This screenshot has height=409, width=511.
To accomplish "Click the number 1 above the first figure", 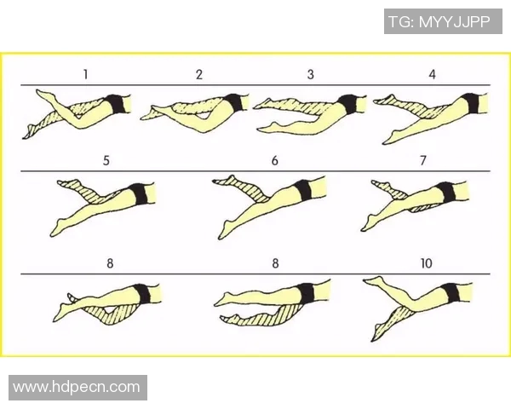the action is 85,74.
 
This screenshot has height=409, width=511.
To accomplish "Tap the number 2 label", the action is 199,74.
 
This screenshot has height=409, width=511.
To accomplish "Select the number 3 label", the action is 311,74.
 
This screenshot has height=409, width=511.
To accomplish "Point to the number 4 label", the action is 432,74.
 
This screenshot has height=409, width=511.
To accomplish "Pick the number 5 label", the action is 106,160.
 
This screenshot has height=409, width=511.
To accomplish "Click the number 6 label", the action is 275,160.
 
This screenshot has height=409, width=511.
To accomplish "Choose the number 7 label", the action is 423,160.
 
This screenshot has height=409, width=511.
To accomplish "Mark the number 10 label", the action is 427,263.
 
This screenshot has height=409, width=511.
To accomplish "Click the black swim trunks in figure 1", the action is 116,104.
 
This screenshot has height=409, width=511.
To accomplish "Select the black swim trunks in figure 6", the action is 303,189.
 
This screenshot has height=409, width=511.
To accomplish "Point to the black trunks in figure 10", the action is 451,293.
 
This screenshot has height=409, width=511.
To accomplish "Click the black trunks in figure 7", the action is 446,192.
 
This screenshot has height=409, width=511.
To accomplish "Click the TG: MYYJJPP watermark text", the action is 439,22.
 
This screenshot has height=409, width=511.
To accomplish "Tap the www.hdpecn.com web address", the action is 77,387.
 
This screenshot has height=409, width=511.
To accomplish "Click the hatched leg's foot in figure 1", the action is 29,132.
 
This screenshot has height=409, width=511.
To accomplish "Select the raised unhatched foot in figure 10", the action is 374,281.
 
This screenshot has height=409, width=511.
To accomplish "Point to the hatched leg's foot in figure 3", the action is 263,103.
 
